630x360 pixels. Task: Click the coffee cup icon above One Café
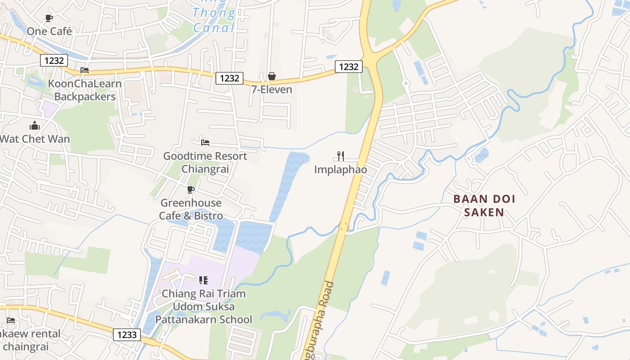click(x=49, y=18)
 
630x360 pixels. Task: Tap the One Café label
click(x=49, y=31)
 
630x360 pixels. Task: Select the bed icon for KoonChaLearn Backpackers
click(x=84, y=70)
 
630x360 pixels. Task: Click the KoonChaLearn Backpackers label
click(x=85, y=90)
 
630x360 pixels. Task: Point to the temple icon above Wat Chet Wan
click(x=35, y=126)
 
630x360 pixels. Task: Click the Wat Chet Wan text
click(x=35, y=139)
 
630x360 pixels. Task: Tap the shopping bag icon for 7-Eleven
click(x=271, y=76)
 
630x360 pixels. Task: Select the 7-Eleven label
click(x=271, y=90)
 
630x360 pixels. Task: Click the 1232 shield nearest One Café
click(x=54, y=60)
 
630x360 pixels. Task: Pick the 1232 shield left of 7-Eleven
click(x=229, y=78)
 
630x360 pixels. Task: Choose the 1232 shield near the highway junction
click(x=349, y=67)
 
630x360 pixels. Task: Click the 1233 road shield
click(x=127, y=334)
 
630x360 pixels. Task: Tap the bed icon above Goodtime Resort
click(x=205, y=143)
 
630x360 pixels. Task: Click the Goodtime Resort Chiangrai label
click(x=205, y=162)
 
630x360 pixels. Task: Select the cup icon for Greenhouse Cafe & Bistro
click(x=191, y=189)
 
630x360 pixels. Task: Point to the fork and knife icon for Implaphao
click(x=341, y=156)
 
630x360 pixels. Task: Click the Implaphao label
click(x=341, y=170)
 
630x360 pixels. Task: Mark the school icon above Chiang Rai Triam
click(x=203, y=280)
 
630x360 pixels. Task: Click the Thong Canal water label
click(x=214, y=20)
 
